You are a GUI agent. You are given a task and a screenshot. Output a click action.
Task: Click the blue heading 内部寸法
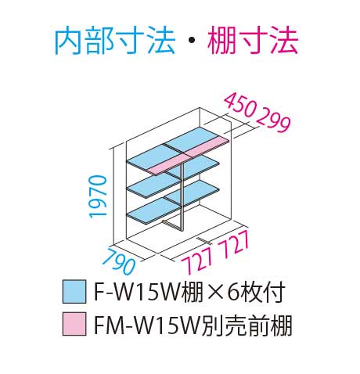[x=115, y=41]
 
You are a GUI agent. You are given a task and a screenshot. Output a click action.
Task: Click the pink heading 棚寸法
[x=253, y=41]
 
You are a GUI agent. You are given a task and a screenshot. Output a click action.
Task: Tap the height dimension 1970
[x=98, y=196]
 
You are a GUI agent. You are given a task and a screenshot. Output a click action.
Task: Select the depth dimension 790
[x=120, y=261]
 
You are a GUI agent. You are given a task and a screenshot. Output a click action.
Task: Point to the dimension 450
[x=240, y=106]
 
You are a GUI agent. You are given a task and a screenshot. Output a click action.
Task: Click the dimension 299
[x=273, y=120]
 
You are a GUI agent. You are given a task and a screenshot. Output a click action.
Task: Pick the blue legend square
[x=74, y=291]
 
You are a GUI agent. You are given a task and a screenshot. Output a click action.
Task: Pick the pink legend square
[x=74, y=324]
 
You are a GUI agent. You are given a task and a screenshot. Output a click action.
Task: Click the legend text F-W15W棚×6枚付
[x=189, y=292]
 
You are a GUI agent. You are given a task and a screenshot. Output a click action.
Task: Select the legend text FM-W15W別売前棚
[x=193, y=325]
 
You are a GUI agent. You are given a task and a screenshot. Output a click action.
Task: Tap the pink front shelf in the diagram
[x=188, y=156]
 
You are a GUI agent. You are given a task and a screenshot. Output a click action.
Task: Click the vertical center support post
[x=182, y=196]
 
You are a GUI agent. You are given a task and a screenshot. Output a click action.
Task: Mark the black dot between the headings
[x=192, y=41]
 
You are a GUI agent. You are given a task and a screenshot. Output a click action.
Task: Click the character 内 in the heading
[x=68, y=41]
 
